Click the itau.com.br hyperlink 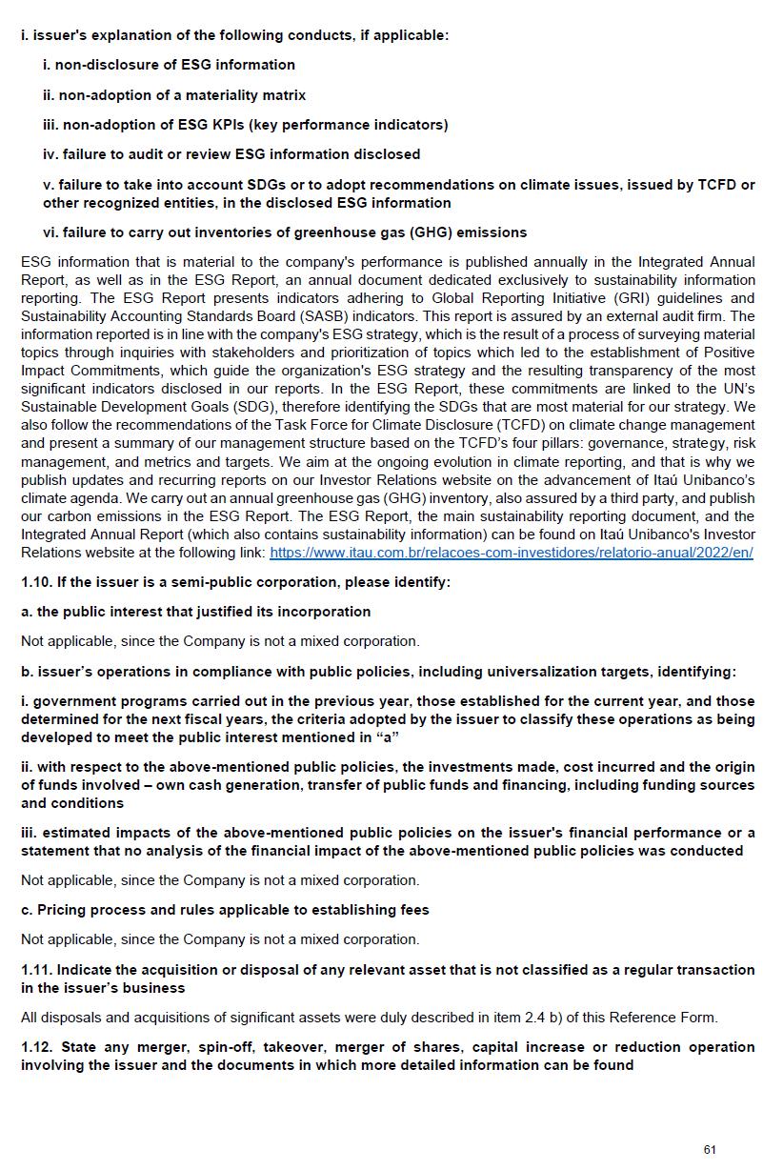coord(511,553)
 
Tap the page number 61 coord(710,1150)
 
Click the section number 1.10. coord(36,582)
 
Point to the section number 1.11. coord(36,970)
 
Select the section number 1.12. coord(36,1047)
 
